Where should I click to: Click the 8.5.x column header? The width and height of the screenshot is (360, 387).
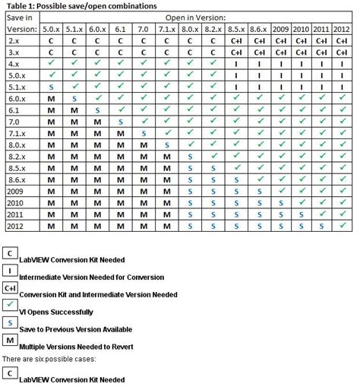235,28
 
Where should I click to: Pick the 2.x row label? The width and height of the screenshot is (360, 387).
14,40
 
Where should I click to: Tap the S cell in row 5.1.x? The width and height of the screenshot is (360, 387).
52,87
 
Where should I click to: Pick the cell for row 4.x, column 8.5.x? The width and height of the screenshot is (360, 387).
235,63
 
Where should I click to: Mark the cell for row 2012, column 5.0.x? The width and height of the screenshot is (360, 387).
52,226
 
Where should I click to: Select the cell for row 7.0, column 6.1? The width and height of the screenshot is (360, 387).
120,121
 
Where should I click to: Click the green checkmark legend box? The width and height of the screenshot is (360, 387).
10,306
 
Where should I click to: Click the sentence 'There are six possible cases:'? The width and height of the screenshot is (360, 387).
49,358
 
